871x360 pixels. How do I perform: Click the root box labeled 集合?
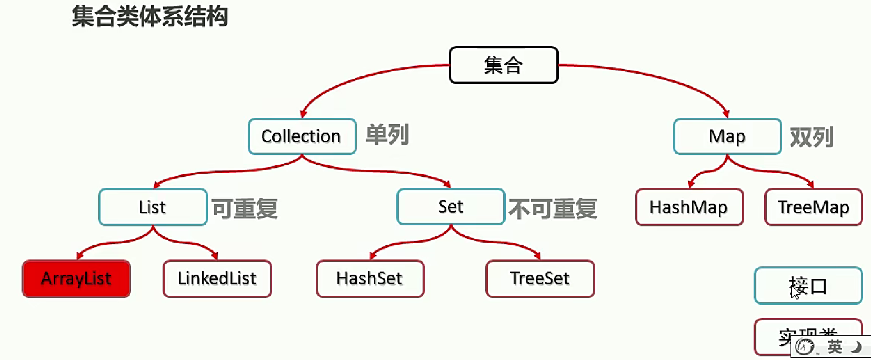tap(503, 65)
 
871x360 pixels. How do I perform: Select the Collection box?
tap(302, 136)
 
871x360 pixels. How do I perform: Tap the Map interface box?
tap(727, 136)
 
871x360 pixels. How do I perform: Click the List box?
tap(153, 207)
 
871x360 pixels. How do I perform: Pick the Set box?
tap(450, 207)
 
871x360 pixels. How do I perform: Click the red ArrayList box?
tap(76, 278)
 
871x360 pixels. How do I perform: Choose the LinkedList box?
tap(217, 278)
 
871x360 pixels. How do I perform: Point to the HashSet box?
tap(369, 278)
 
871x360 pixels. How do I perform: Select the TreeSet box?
tap(540, 278)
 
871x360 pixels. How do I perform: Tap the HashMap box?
tap(689, 207)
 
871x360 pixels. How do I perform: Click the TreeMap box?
tap(813, 207)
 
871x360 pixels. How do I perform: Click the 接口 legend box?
tap(808, 286)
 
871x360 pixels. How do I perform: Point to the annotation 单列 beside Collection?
tap(387, 135)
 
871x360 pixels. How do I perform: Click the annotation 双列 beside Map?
tap(811, 137)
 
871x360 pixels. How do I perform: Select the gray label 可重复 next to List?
tap(245, 208)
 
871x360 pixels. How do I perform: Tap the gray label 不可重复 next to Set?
tap(553, 208)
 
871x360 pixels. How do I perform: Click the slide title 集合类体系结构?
tap(150, 16)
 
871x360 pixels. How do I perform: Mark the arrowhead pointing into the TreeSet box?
tap(538, 256)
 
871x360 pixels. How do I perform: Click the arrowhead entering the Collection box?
tap(303, 114)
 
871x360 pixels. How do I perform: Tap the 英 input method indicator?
tap(834, 347)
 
